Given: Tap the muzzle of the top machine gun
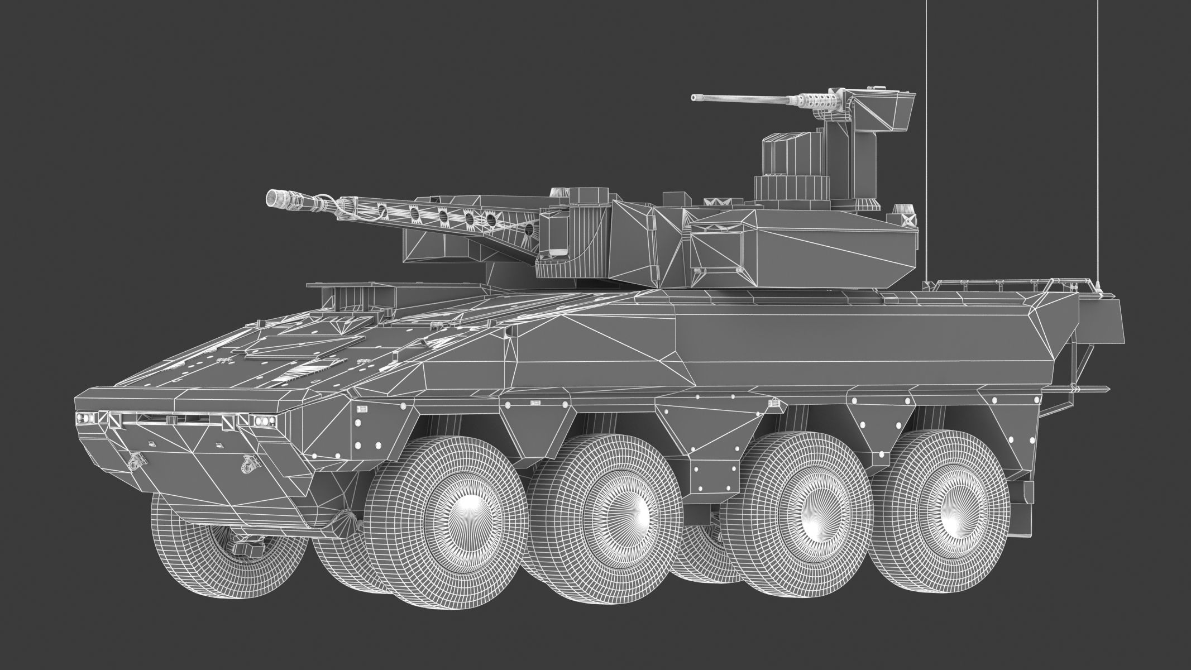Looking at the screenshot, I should click(x=694, y=98).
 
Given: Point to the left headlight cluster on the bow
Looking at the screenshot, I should click(x=84, y=417).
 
